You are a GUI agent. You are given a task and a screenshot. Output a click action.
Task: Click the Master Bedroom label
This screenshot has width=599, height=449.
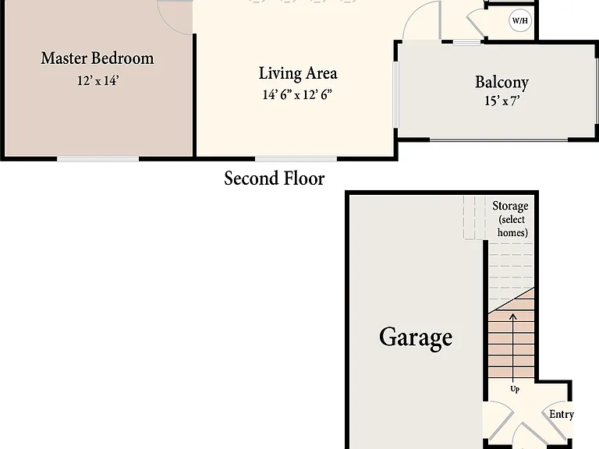pyautogui.click(x=97, y=58)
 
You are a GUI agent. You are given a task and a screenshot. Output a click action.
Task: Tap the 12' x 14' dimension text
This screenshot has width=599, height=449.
pyautogui.click(x=98, y=80)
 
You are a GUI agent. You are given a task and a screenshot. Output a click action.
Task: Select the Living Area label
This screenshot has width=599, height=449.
pyautogui.click(x=298, y=73)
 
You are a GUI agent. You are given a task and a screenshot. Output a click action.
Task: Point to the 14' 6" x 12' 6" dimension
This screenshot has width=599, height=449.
pyautogui.click(x=297, y=94)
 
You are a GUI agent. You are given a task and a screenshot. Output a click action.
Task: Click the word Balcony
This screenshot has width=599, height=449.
pyautogui.click(x=502, y=83)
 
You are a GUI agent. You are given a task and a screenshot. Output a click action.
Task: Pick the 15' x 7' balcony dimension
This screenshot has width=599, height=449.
pyautogui.click(x=502, y=101)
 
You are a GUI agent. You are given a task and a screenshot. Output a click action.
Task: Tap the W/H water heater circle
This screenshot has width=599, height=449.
pyautogui.click(x=520, y=20)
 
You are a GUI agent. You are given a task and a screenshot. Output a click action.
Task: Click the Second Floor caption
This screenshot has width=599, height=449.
pyautogui.click(x=275, y=179)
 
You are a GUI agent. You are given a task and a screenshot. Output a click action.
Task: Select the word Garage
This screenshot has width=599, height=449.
pyautogui.click(x=416, y=337)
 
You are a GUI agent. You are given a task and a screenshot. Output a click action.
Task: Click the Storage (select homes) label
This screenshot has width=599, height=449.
pyautogui.click(x=511, y=219)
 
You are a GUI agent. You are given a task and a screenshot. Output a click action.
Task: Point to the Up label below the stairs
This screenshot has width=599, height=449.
pyautogui.click(x=515, y=389)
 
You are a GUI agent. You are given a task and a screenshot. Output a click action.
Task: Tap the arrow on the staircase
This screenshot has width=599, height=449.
pyautogui.click(x=512, y=348)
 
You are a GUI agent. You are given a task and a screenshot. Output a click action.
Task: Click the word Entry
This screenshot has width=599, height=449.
pyautogui.click(x=562, y=414)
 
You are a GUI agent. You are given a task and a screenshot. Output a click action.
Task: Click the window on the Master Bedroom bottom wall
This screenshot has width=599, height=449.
pyautogui.click(x=97, y=159)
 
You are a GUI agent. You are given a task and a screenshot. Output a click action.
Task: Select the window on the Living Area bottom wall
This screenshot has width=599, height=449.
pyautogui.click(x=296, y=159)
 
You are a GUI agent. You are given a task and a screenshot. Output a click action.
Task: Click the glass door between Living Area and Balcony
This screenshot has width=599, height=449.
pyautogui.click(x=396, y=94)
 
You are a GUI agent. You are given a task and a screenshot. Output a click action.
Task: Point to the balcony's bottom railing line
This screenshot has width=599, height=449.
pyautogui.click(x=498, y=140)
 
